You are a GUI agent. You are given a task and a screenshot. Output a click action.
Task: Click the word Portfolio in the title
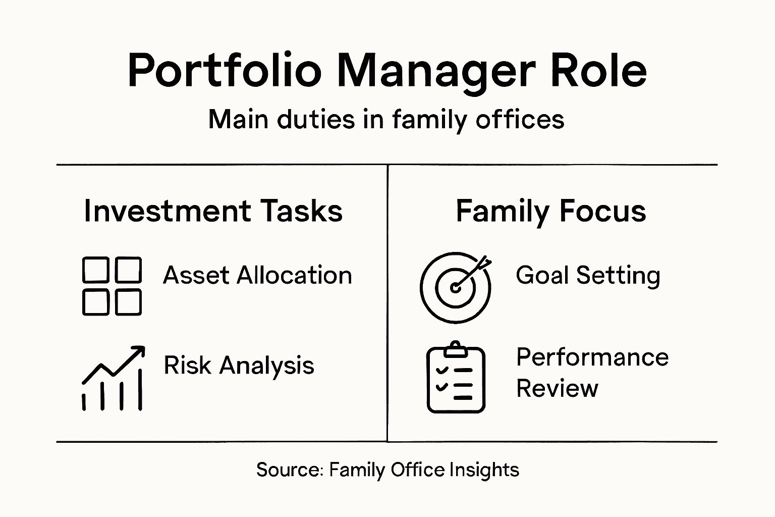225,71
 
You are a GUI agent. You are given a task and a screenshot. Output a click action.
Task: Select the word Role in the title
598,71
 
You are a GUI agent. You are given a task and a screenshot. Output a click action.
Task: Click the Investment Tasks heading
213,211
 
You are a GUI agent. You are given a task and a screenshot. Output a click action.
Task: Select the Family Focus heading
550,211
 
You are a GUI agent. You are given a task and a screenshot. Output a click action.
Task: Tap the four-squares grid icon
112,286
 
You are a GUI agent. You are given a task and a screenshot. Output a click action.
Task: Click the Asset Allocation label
257,276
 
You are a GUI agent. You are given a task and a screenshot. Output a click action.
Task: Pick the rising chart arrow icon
113,378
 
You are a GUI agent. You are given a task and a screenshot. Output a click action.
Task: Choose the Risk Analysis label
239,365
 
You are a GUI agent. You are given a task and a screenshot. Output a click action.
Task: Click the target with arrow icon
456,287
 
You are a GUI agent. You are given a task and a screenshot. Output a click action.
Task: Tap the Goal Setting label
588,276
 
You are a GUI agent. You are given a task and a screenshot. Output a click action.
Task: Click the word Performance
592,357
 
